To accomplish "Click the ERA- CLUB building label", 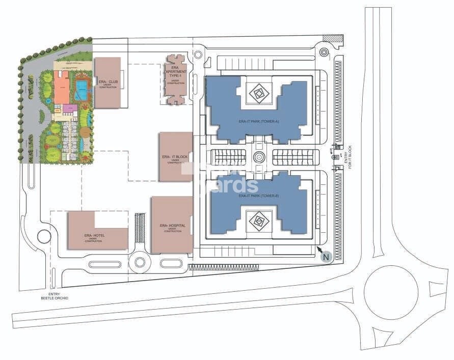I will (x=108, y=82).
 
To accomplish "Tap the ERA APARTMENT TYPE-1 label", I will (x=175, y=73).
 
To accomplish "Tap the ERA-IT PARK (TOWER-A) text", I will (x=258, y=121).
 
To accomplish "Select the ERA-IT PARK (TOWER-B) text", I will (x=258, y=196).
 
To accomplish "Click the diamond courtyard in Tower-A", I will (x=258, y=93).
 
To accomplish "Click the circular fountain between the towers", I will (x=259, y=157).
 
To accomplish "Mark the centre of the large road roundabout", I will (x=395, y=292).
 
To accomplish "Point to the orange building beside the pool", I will (x=62, y=88).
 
